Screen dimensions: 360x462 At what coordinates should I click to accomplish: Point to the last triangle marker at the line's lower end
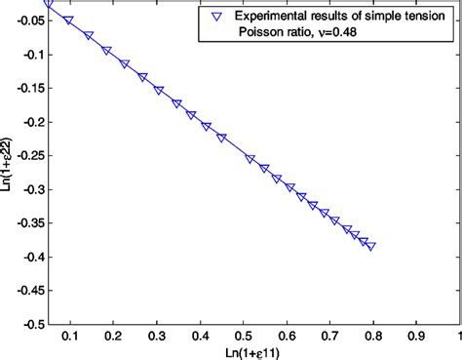[x=370, y=246]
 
